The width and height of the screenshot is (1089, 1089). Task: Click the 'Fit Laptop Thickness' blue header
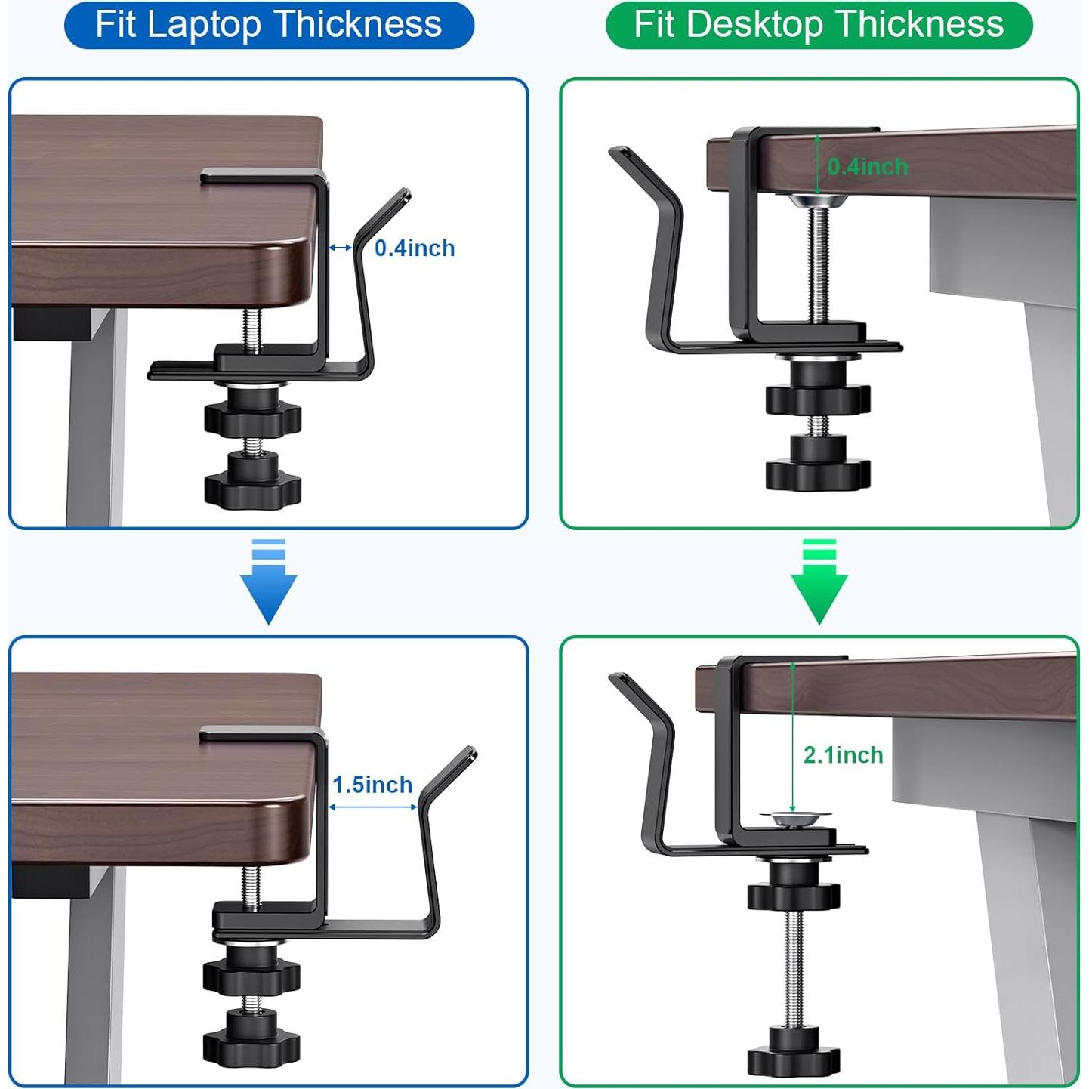click(x=269, y=25)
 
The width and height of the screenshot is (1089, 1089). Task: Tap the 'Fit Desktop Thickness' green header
click(x=819, y=25)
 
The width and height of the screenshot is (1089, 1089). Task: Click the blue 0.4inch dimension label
click(x=415, y=248)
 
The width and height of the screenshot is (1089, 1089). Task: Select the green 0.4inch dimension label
click(x=868, y=167)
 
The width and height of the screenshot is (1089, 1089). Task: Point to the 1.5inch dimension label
click(x=372, y=785)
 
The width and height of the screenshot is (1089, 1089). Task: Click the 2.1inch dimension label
click(x=843, y=755)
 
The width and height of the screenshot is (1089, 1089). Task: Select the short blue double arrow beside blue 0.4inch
click(x=341, y=248)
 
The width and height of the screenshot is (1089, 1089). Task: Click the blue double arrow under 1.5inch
click(x=373, y=807)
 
